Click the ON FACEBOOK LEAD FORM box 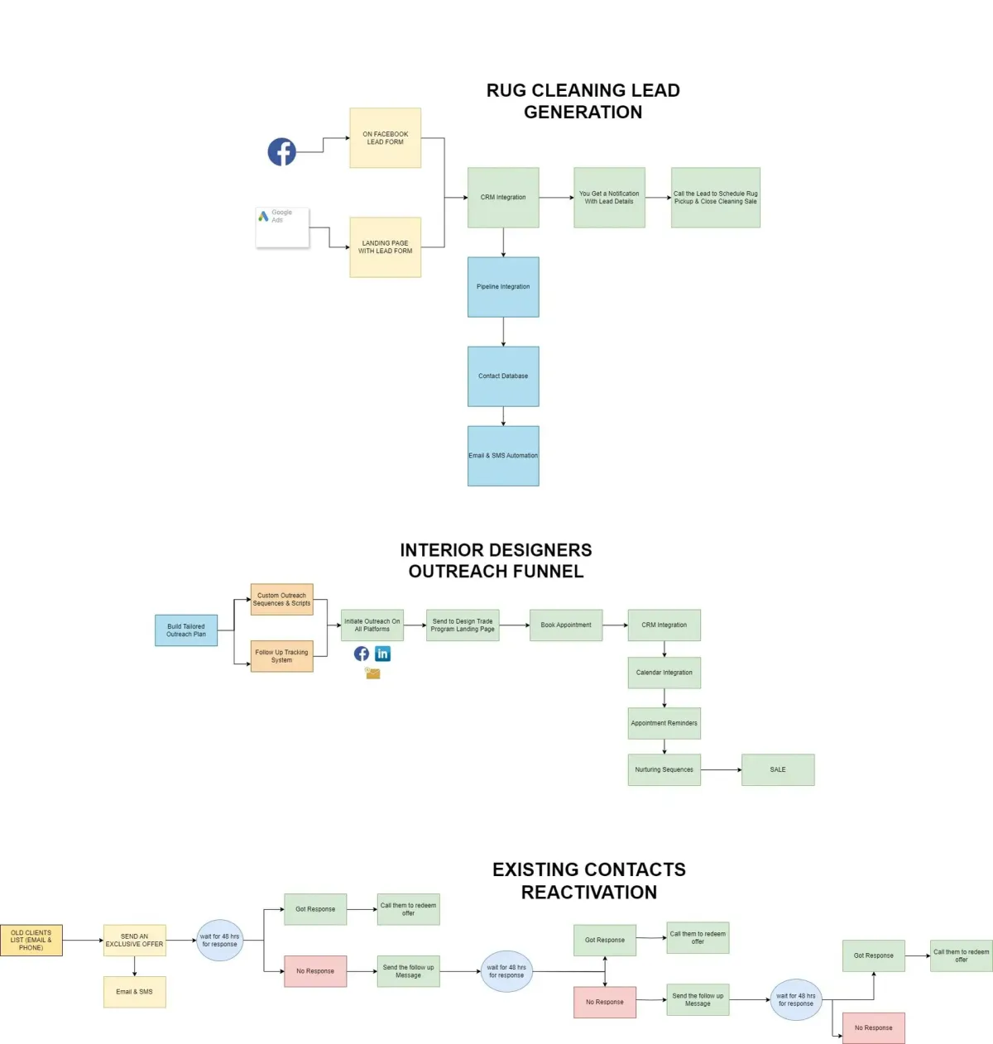click(x=385, y=138)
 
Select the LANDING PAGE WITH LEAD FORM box click(x=385, y=247)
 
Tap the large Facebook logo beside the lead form click(x=281, y=151)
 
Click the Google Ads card click(x=282, y=227)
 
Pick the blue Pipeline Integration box click(x=503, y=287)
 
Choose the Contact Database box click(x=503, y=376)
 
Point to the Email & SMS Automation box click(x=503, y=456)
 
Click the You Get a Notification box click(x=609, y=198)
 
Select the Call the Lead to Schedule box click(x=715, y=198)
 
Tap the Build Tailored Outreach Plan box click(x=186, y=630)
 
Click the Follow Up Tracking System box click(x=281, y=656)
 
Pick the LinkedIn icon click(x=382, y=654)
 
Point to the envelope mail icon click(x=373, y=673)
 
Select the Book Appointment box click(x=566, y=625)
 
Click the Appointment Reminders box click(x=664, y=723)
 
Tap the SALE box click(x=778, y=770)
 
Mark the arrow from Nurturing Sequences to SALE click(x=721, y=770)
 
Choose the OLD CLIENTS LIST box click(x=31, y=941)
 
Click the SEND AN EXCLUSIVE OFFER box click(x=134, y=941)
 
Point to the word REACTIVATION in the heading click(x=589, y=893)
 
